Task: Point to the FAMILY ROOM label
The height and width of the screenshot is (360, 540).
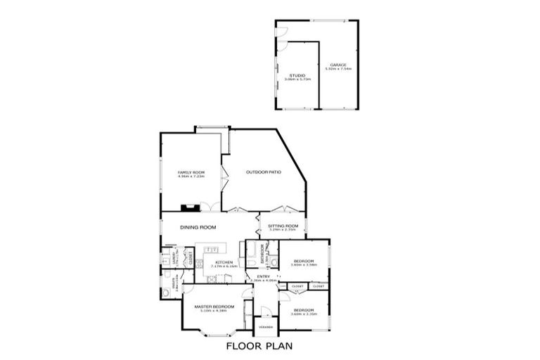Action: [x=190, y=172]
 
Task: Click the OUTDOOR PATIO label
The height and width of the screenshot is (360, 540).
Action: [x=264, y=172]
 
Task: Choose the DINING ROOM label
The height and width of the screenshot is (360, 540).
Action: [x=198, y=228]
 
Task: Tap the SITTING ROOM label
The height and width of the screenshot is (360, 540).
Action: [x=283, y=226]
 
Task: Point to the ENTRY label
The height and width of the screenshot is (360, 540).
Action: [x=264, y=276]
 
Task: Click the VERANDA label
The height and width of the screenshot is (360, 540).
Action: [x=265, y=327]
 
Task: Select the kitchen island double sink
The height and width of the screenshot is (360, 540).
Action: [x=212, y=249]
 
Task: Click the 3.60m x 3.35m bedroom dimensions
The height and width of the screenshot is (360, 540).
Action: [x=304, y=314]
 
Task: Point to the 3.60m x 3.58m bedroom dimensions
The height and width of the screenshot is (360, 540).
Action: [x=304, y=264]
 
